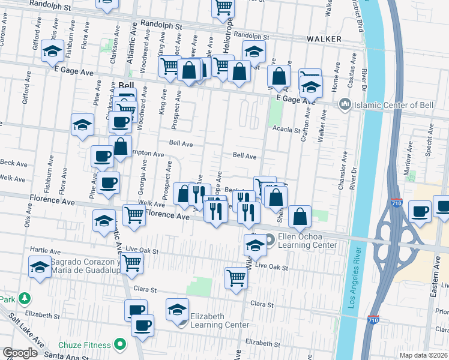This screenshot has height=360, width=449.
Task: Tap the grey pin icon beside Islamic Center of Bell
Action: pyautogui.click(x=345, y=104)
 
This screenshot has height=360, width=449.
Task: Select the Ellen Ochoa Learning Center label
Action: pyautogui.click(x=307, y=241)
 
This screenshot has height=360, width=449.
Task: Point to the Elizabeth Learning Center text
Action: pyautogui.click(x=219, y=320)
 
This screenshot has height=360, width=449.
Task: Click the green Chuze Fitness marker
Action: pyautogui.click(x=120, y=345)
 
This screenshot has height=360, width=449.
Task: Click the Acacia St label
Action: pyautogui.click(x=285, y=130)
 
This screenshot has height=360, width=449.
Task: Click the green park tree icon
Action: pyautogui.click(x=24, y=298)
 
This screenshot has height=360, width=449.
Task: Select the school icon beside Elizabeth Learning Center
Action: pyautogui.click(x=176, y=308)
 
